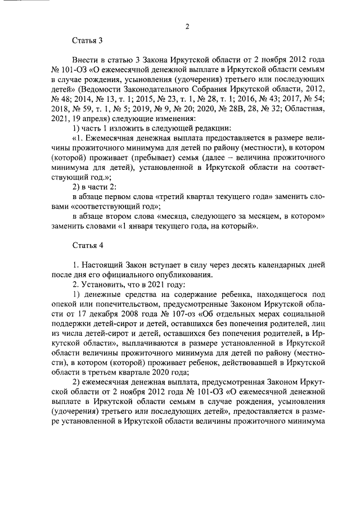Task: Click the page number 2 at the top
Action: click(x=187, y=26)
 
